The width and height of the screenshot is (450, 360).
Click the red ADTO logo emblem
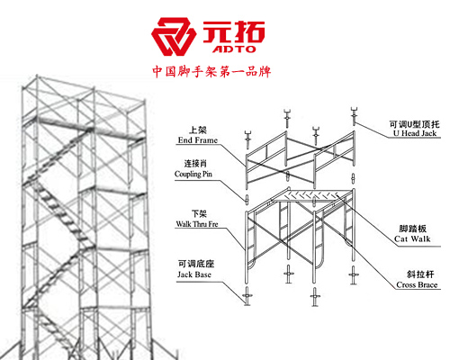[173, 37]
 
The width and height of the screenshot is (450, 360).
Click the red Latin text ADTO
[234, 49]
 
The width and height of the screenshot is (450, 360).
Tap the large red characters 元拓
[234, 31]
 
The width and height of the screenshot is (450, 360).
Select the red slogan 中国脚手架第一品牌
[211, 72]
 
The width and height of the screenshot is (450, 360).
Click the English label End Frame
[198, 140]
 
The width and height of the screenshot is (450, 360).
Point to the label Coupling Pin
[193, 174]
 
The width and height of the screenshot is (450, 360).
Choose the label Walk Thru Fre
[197, 224]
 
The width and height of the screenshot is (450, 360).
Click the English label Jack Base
[194, 274]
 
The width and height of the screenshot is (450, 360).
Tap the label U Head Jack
[415, 133]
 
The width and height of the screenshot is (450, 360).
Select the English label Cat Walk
[412, 238]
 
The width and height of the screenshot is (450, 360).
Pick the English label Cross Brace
[417, 284]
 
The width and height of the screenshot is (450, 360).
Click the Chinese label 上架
[198, 130]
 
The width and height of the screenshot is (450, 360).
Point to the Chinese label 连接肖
[195, 164]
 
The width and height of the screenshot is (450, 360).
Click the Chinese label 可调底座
[196, 264]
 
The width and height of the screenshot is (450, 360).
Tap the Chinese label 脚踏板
[412, 229]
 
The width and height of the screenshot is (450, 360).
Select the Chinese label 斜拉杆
[420, 274]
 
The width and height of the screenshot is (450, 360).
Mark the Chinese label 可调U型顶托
[414, 124]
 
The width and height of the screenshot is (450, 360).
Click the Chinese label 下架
[199, 214]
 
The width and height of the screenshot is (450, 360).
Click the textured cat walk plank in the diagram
[312, 195]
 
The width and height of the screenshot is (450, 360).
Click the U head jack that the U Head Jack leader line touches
[355, 116]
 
